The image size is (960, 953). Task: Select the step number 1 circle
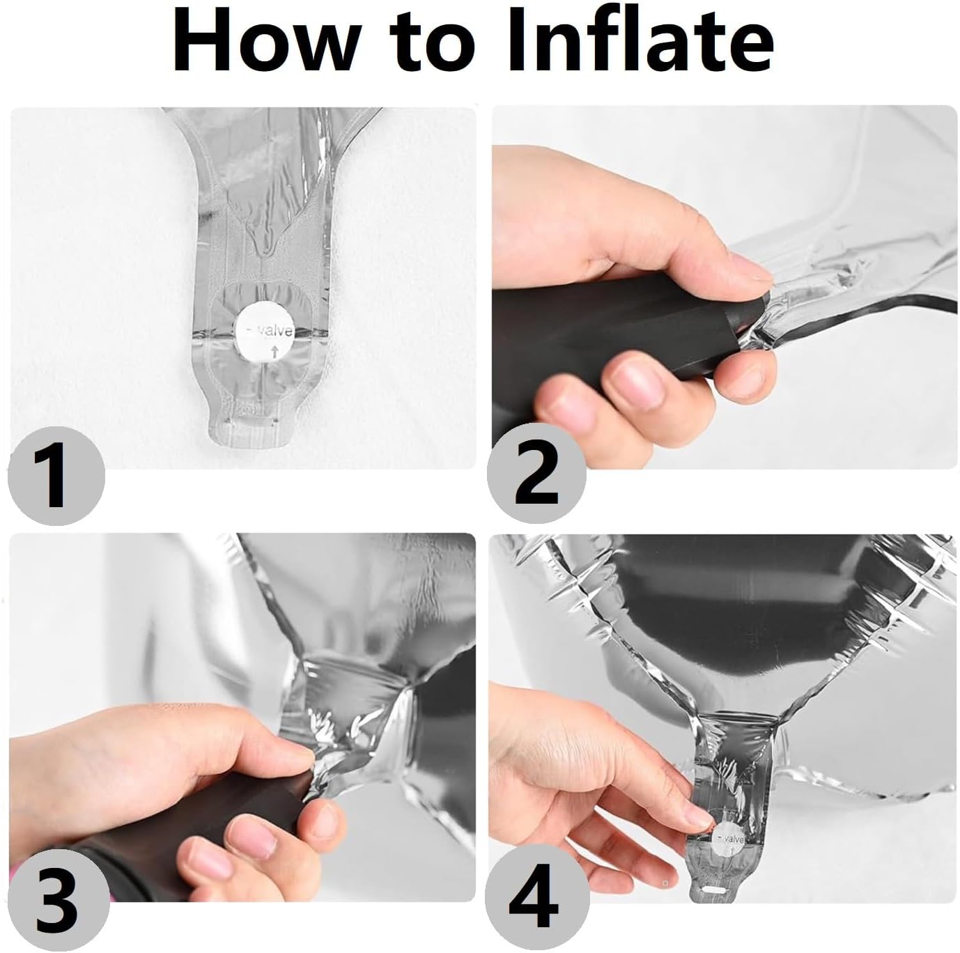[56, 475]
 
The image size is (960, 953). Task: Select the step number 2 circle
[536, 473]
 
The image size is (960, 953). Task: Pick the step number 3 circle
[59, 901]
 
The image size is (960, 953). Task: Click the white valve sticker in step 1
[265, 332]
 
